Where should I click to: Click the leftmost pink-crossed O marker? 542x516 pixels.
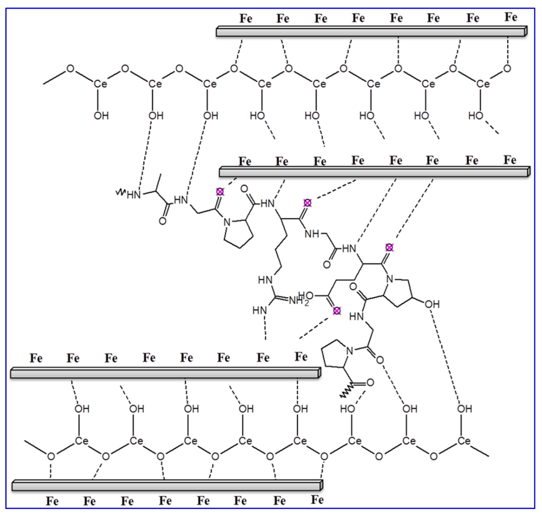click(x=220, y=192)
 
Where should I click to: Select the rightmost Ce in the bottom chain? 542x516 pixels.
click(x=464, y=441)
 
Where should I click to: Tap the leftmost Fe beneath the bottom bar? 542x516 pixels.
click(x=52, y=501)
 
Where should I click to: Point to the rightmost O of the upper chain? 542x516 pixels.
click(x=507, y=69)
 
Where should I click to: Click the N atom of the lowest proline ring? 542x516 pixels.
click(x=349, y=351)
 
